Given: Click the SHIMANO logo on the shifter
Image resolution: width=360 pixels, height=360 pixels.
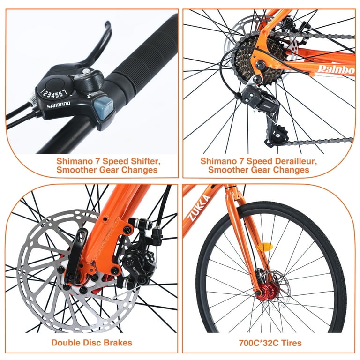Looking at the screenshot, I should pyautogui.click(x=58, y=104).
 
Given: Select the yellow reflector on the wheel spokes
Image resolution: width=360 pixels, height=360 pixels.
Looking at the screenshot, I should pyautogui.click(x=266, y=246).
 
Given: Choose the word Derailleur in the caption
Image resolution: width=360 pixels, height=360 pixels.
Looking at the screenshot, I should pyautogui.click(x=294, y=161).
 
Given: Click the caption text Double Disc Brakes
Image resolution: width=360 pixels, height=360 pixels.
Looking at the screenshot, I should pyautogui.click(x=92, y=343).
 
